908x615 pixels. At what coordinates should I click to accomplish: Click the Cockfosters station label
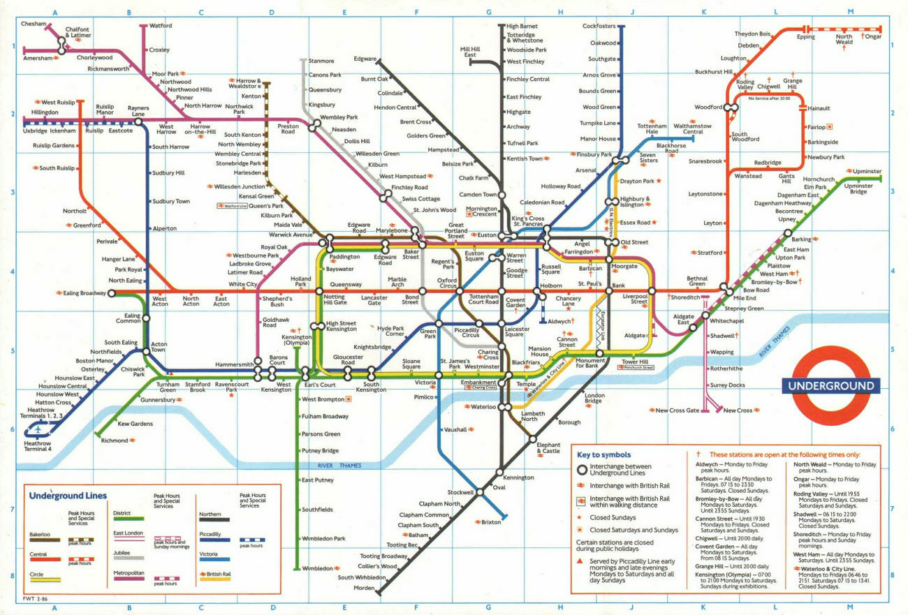point(599,26)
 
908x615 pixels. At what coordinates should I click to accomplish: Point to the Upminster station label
point(866,171)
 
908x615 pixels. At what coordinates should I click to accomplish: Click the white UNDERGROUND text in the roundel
point(831,386)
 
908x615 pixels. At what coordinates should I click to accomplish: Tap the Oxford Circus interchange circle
point(460,291)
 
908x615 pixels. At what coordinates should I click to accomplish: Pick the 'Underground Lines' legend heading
point(68,496)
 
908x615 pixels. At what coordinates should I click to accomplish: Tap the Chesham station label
point(33,23)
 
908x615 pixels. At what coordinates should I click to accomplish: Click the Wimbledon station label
point(317,568)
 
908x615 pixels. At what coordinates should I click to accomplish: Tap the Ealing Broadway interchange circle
point(111,293)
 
